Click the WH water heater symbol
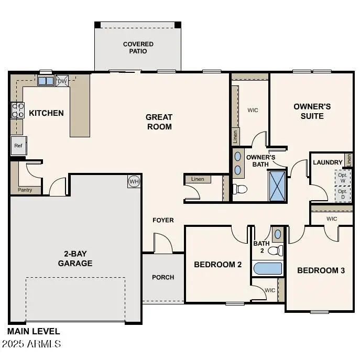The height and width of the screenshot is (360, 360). pyautogui.click(x=134, y=181)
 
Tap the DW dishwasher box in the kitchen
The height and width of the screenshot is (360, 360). pyautogui.click(x=62, y=81)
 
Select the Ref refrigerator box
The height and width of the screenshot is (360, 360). pyautogui.click(x=18, y=146)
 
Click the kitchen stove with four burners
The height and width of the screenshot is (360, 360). pyautogui.click(x=17, y=110)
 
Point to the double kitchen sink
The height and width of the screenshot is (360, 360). pyautogui.click(x=46, y=81)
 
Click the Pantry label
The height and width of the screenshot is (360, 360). pyautogui.click(x=25, y=190)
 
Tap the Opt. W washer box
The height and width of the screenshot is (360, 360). pyautogui.click(x=343, y=178)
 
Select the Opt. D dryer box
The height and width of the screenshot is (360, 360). pyautogui.click(x=343, y=194)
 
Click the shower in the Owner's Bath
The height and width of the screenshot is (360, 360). pyautogui.click(x=278, y=186)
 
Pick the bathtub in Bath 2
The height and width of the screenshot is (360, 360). pyautogui.click(x=268, y=269)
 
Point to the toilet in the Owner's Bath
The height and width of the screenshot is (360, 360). pyautogui.click(x=239, y=189)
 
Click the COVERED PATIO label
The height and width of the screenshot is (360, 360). pyautogui.click(x=138, y=48)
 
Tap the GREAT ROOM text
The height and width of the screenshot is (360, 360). pyautogui.click(x=159, y=122)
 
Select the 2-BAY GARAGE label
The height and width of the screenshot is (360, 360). pyautogui.click(x=75, y=258)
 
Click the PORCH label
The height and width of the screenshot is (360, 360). pyautogui.click(x=163, y=277)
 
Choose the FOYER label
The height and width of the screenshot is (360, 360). pyautogui.click(x=163, y=220)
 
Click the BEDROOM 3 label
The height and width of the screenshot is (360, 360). pyautogui.click(x=321, y=270)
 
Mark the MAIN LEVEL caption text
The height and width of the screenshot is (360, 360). pyautogui.click(x=34, y=331)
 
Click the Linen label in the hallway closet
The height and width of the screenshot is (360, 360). pyautogui.click(x=198, y=179)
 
